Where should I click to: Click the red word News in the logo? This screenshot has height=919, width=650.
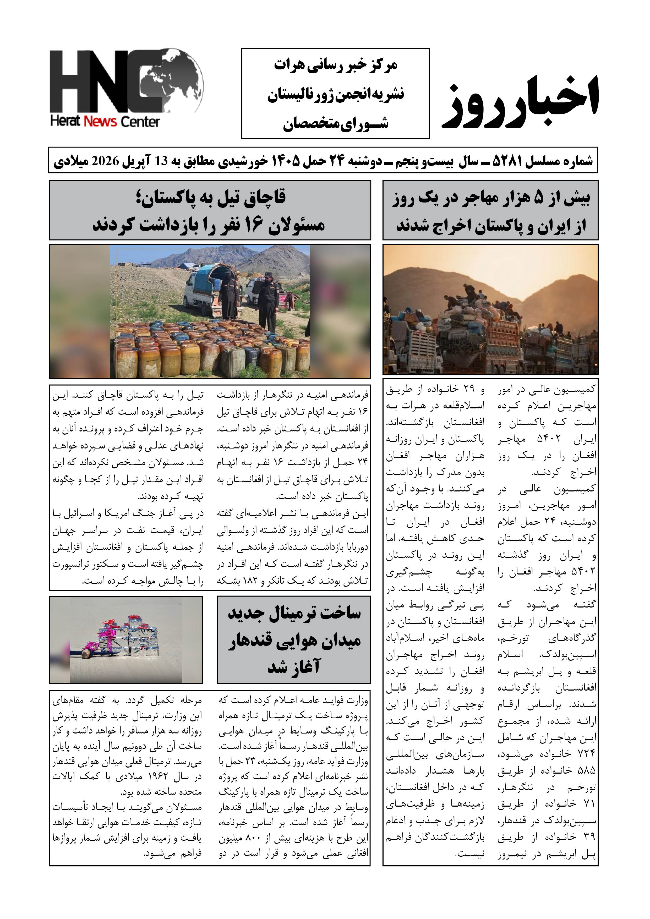click(x=100, y=121)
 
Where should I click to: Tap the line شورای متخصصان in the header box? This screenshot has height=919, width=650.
click(x=335, y=124)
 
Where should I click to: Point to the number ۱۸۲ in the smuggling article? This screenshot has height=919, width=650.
click(x=248, y=581)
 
